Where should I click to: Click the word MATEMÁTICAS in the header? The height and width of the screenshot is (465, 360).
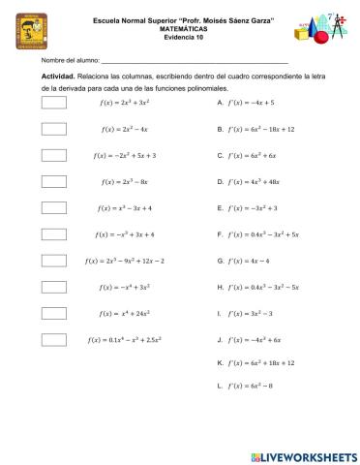[181, 28]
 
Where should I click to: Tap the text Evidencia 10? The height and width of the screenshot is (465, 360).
[181, 36]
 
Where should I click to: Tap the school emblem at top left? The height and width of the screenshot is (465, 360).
[34, 33]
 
